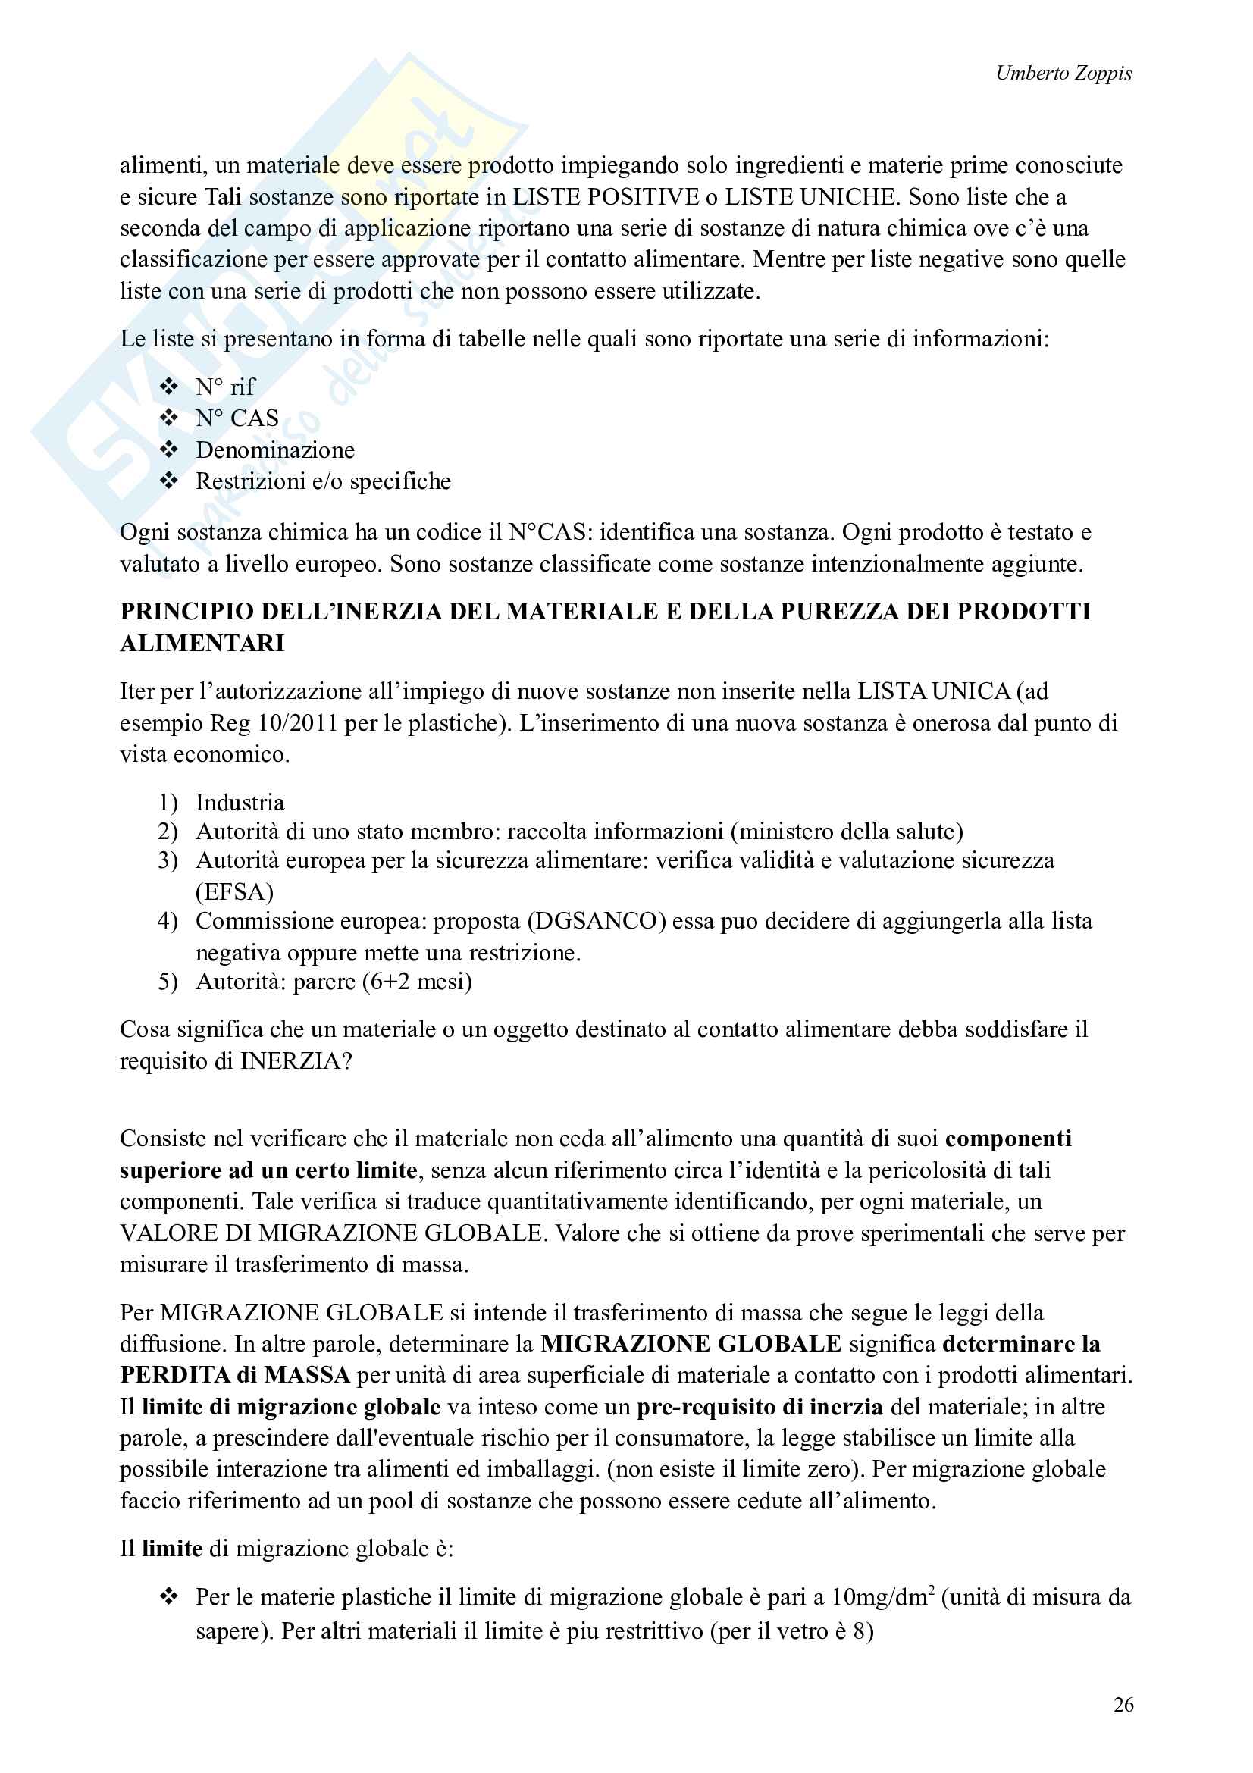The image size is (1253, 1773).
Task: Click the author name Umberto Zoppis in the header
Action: pyautogui.click(x=1063, y=74)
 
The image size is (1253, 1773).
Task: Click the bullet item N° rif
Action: pyautogui.click(x=224, y=387)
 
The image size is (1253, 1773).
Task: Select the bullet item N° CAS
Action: pyautogui.click(x=237, y=418)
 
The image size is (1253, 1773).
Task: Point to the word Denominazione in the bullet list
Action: pyautogui.click(x=275, y=450)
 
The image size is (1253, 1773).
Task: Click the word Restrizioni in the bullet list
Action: pyautogui.click(x=250, y=482)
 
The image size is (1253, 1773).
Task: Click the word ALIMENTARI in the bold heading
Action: pyautogui.click(x=202, y=644)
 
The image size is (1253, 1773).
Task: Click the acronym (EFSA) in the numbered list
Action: pyautogui.click(x=235, y=892)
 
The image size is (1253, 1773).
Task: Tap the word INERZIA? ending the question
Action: pyautogui.click(x=296, y=1061)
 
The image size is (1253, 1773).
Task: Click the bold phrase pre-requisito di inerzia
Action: pyautogui.click(x=760, y=1407)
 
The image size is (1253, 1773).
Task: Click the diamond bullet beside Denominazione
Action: pyautogui.click(x=169, y=450)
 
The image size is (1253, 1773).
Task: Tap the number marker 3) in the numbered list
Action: pyautogui.click(x=168, y=860)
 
